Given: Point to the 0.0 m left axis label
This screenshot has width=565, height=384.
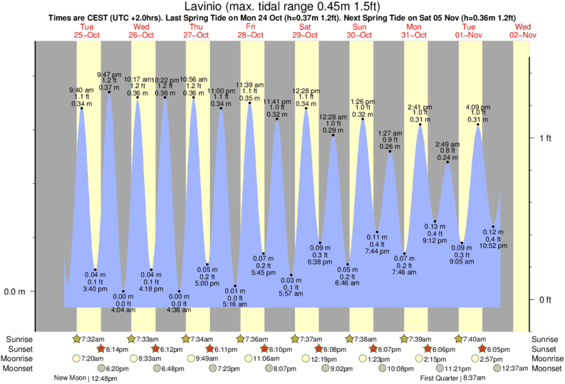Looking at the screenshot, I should pyautogui.click(x=16, y=291).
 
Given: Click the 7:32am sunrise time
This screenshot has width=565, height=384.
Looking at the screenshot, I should pyautogui.click(x=93, y=339).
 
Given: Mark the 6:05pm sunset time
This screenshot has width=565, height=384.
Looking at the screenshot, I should pyautogui.click(x=497, y=349).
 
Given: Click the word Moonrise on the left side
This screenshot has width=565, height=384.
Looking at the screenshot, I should pyautogui.click(x=19, y=358).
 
